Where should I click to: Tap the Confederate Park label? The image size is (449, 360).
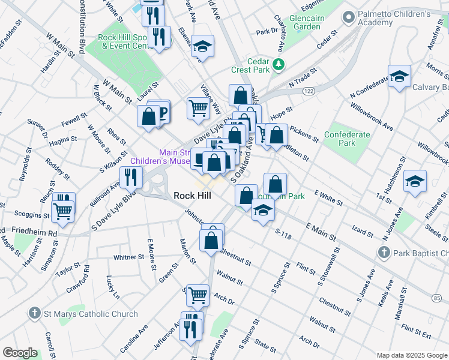point(347,139)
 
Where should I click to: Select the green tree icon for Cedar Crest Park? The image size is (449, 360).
point(277,64)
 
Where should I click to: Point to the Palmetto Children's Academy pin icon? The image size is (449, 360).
point(348,18)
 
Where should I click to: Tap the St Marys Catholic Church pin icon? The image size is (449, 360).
point(34,313)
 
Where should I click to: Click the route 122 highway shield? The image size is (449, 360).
point(309,91)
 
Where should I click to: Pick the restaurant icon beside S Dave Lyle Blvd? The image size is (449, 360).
point(130,177)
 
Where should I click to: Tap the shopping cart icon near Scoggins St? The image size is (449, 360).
point(62,209)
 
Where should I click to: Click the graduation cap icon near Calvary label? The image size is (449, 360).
point(399,77)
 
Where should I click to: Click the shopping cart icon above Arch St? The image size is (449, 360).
point(197,295)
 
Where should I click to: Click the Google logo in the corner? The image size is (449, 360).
point(20,353)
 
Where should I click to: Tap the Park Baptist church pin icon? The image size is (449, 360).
point(384,253)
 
